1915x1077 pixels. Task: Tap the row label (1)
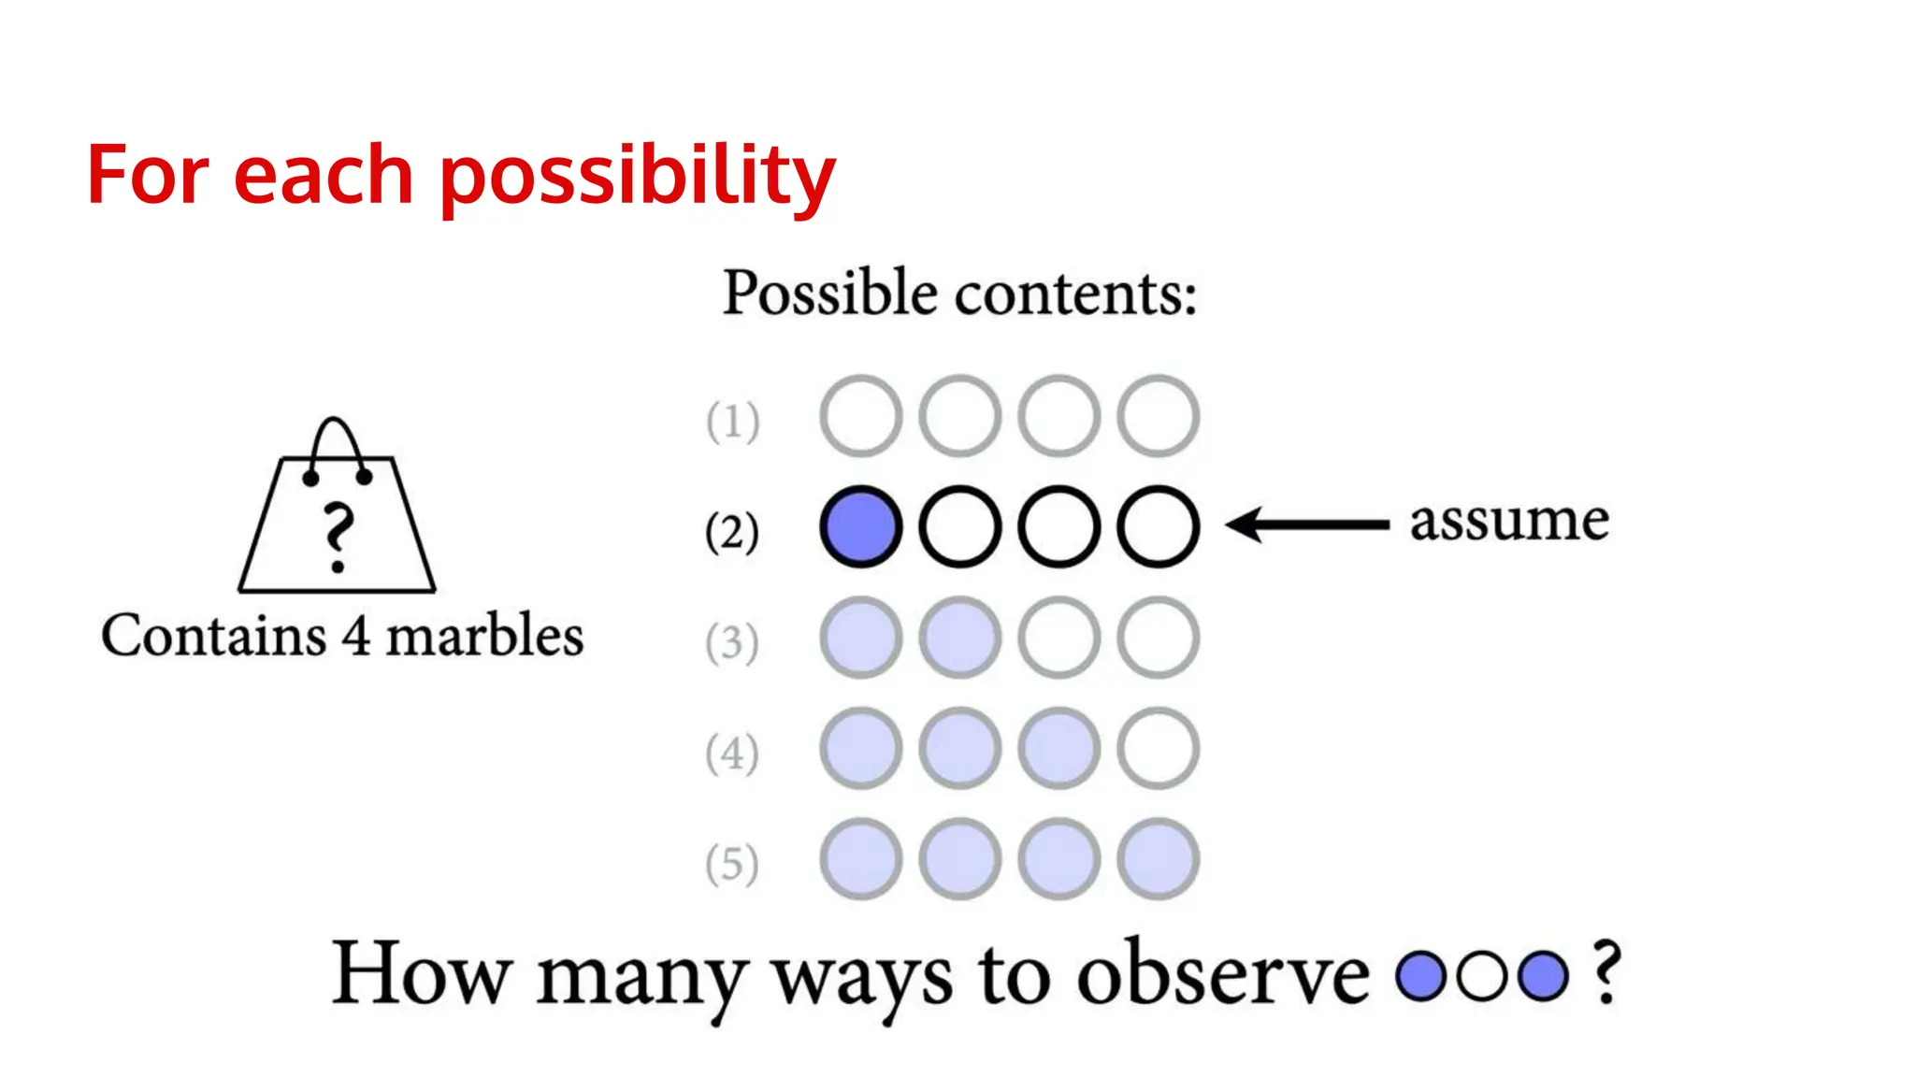pos(732,421)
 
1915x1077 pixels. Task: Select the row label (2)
pos(732,531)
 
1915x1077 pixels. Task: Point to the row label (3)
pos(732,642)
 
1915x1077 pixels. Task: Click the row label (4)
pos(732,753)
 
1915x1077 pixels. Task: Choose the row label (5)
pos(732,863)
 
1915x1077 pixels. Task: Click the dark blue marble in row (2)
pos(861,526)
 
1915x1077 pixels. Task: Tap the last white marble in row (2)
pos(1158,526)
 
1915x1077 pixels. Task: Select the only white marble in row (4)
pos(1158,748)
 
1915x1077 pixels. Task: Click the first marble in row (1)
pos(861,416)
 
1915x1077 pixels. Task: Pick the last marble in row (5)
pos(1158,858)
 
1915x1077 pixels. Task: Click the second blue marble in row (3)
pos(960,638)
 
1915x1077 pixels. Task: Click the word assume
pos(1509,521)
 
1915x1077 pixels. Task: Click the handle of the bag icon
pos(335,439)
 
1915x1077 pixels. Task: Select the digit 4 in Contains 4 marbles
pos(355,637)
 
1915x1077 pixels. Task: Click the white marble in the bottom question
pos(1482,976)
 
